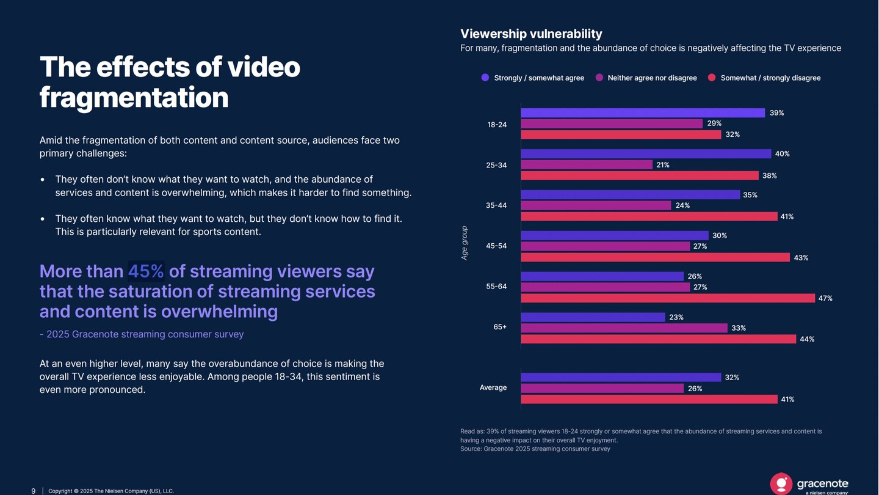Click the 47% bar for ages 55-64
pyautogui.click(x=668, y=298)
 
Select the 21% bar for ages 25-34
pyautogui.click(x=587, y=165)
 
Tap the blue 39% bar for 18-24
pyautogui.click(x=643, y=113)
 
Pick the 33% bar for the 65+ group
pyautogui.click(x=624, y=328)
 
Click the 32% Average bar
pyautogui.click(x=621, y=378)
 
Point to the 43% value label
pyautogui.click(x=801, y=258)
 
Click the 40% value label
pyautogui.click(x=782, y=154)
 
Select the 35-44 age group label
pyautogui.click(x=496, y=205)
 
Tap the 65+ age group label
pyautogui.click(x=500, y=327)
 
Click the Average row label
pyautogui.click(x=493, y=387)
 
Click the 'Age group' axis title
pyautogui.click(x=465, y=243)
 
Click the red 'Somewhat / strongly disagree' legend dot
pyautogui.click(x=712, y=78)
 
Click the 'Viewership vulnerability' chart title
pyautogui.click(x=531, y=34)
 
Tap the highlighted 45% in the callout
pyautogui.click(x=146, y=271)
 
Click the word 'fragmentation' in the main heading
pyautogui.click(x=134, y=98)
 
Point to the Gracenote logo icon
pyautogui.click(x=781, y=483)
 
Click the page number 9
pyautogui.click(x=34, y=491)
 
